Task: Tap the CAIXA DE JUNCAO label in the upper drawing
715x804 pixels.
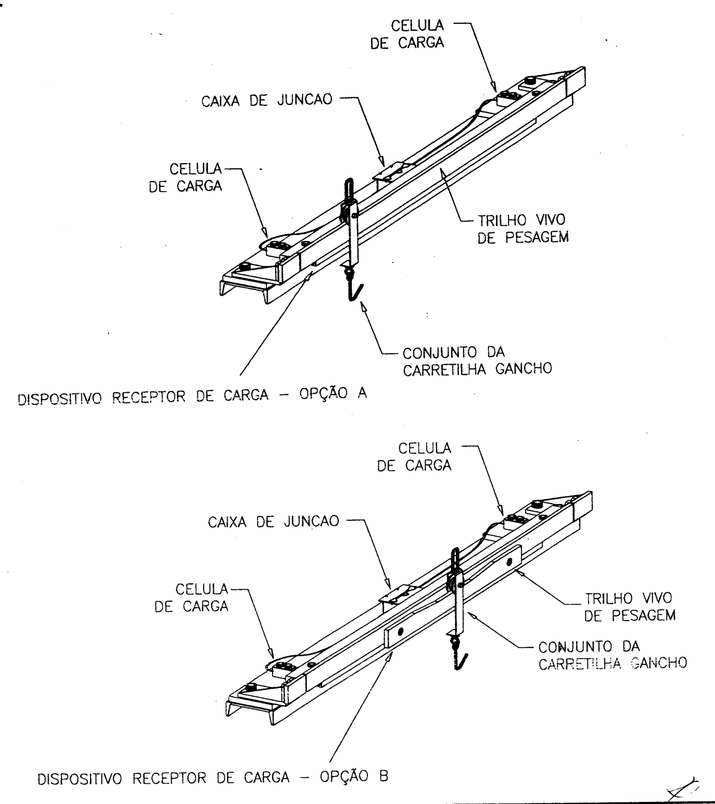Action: pyautogui.click(x=267, y=100)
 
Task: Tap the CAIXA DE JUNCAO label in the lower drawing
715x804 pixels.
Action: pyautogui.click(x=274, y=521)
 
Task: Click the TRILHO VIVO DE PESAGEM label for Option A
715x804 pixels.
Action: pyautogui.click(x=523, y=229)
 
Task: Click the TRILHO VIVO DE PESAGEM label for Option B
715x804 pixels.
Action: pyautogui.click(x=630, y=607)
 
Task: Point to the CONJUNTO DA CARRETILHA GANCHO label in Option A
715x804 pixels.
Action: pyautogui.click(x=477, y=361)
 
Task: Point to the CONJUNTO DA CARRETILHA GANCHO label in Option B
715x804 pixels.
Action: pyautogui.click(x=613, y=655)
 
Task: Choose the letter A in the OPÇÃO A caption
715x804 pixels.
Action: pyautogui.click(x=361, y=393)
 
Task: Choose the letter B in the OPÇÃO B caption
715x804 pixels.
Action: pyautogui.click(x=384, y=775)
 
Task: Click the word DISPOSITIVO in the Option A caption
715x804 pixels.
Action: pyautogui.click(x=60, y=398)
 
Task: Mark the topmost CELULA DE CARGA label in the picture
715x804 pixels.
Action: pyautogui.click(x=407, y=34)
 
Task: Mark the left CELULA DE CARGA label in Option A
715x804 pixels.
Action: pyautogui.click(x=185, y=177)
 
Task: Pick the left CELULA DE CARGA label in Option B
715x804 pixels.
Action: pyautogui.click(x=191, y=598)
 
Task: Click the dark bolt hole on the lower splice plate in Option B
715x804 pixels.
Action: pyautogui.click(x=400, y=630)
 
